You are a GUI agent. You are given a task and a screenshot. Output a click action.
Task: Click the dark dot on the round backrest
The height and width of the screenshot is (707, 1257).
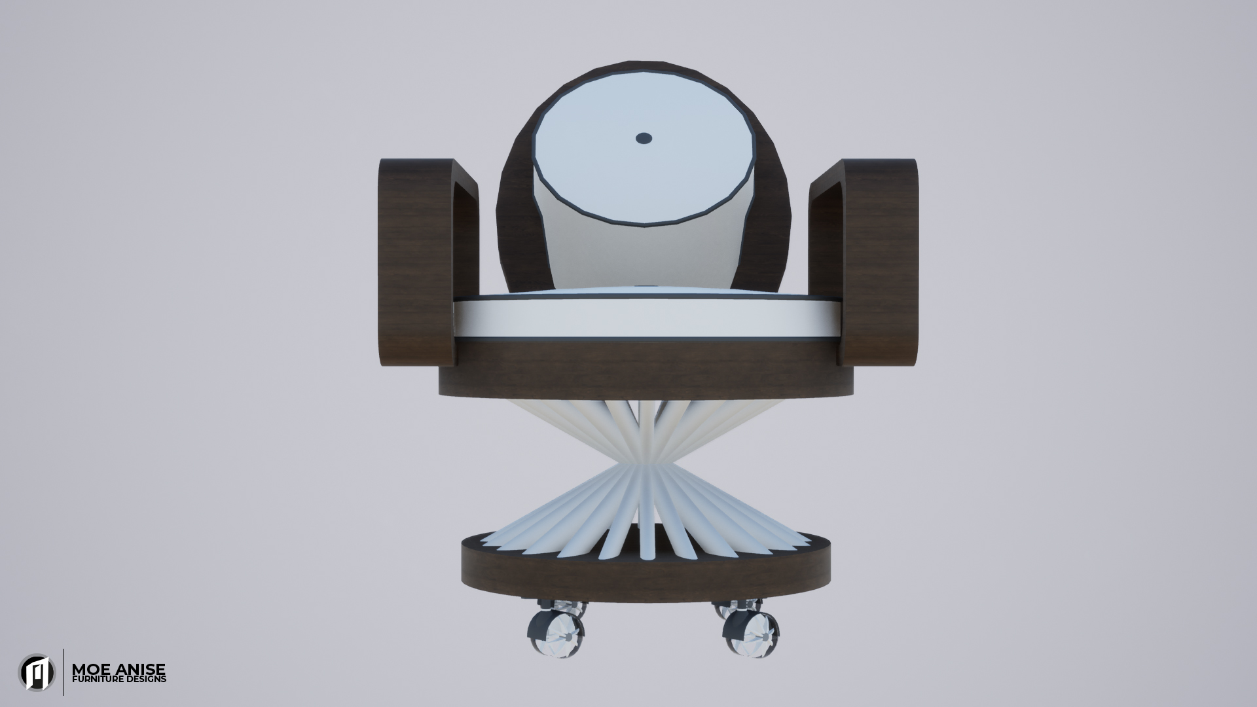point(644,137)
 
